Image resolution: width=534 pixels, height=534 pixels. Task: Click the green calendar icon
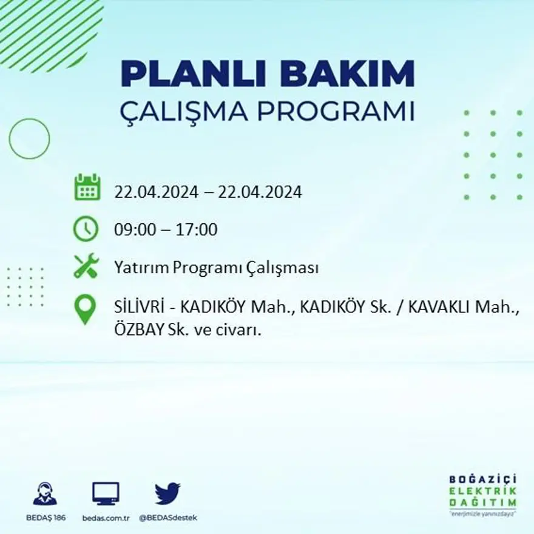click(87, 188)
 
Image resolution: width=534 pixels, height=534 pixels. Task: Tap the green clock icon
click(86, 229)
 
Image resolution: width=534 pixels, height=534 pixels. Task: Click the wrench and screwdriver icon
click(86, 266)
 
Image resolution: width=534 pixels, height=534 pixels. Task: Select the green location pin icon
click(85, 308)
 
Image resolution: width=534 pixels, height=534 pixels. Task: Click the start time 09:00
click(132, 230)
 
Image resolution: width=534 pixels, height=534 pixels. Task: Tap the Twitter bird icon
click(167, 493)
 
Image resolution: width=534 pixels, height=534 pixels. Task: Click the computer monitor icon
click(106, 493)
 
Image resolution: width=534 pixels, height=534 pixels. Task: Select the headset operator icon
click(44, 493)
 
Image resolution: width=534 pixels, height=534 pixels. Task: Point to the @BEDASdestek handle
click(168, 518)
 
